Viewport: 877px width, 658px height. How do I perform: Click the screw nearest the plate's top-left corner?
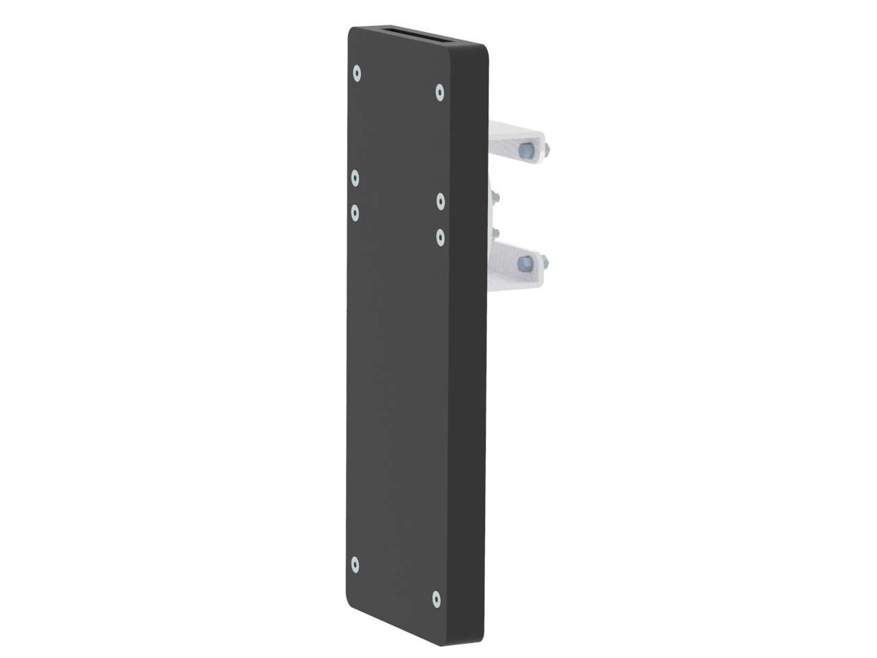[356, 73]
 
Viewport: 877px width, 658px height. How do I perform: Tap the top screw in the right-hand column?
[440, 92]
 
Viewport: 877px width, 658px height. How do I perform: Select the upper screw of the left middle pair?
[355, 178]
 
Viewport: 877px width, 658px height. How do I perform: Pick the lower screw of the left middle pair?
[355, 212]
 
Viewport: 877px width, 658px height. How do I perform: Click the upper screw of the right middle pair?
[441, 201]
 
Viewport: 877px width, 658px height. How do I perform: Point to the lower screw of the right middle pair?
[441, 236]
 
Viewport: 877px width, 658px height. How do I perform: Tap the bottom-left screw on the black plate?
[355, 565]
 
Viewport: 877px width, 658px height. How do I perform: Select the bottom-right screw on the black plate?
[436, 599]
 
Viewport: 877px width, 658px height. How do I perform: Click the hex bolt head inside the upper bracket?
[525, 151]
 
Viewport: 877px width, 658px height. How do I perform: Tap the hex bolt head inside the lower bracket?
[525, 263]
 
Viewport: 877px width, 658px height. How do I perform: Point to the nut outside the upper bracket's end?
[548, 149]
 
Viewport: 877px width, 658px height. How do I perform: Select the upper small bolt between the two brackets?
[494, 197]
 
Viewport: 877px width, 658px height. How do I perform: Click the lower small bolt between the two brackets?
[495, 233]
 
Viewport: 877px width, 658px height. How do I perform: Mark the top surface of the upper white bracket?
[514, 129]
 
